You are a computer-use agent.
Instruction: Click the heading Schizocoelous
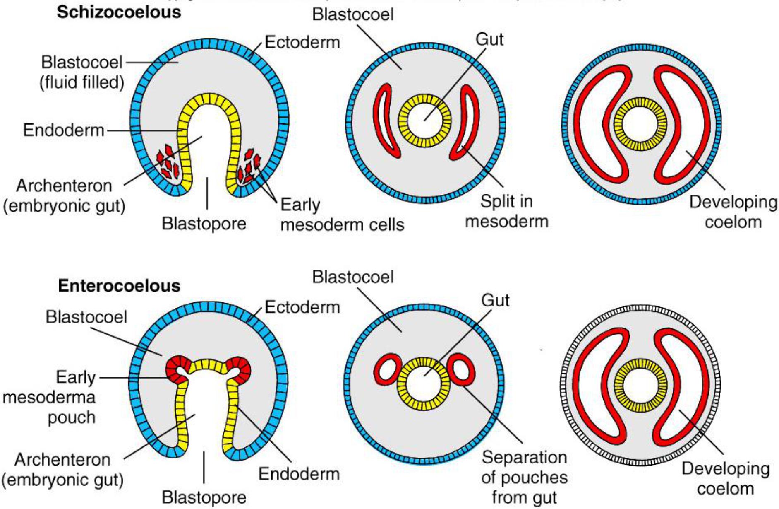(x=119, y=12)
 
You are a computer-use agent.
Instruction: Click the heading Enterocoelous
(x=119, y=286)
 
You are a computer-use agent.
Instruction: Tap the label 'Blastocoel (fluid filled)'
(x=82, y=72)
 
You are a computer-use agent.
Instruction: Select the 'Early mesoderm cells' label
(x=342, y=215)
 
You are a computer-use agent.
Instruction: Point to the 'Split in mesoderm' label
(x=506, y=211)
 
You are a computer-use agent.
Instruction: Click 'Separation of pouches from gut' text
(x=524, y=477)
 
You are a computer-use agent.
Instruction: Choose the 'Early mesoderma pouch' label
(x=50, y=397)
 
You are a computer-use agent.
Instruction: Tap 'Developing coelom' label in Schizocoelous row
(x=733, y=212)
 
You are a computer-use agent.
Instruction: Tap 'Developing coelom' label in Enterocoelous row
(x=726, y=478)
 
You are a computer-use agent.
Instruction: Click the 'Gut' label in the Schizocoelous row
(x=489, y=40)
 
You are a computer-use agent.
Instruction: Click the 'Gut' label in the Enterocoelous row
(x=495, y=301)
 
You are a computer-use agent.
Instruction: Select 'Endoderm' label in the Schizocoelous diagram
(x=64, y=130)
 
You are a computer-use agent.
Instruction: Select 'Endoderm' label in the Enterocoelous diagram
(x=299, y=474)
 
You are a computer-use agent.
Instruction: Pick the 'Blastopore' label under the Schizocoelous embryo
(x=204, y=224)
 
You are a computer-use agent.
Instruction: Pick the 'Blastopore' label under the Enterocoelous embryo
(x=204, y=497)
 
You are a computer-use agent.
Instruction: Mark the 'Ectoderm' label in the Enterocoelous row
(x=302, y=307)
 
